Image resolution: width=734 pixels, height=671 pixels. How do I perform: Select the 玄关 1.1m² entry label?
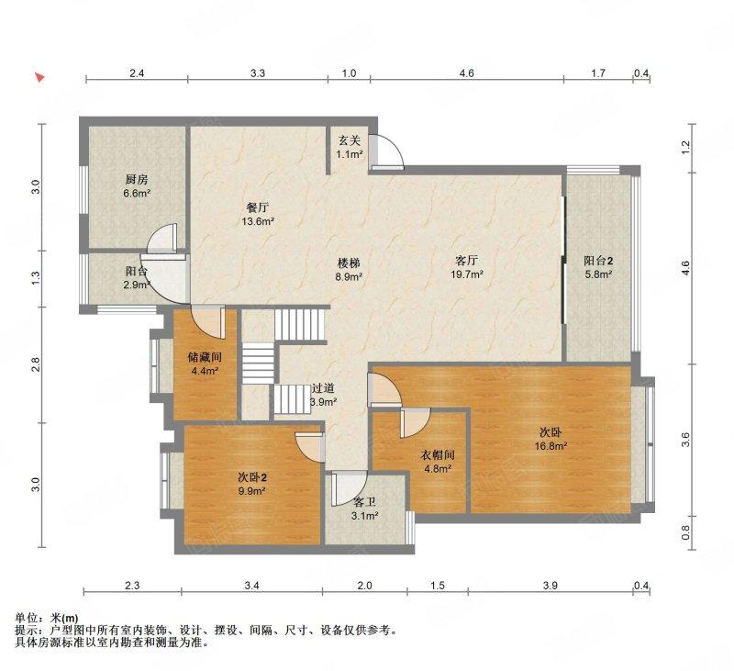[350, 148]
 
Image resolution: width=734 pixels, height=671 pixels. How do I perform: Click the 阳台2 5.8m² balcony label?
[598, 267]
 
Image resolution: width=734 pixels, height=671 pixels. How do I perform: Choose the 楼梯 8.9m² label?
[348, 269]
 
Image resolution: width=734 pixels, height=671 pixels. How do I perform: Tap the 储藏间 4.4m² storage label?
[204, 363]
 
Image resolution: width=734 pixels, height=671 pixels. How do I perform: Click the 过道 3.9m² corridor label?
[323, 395]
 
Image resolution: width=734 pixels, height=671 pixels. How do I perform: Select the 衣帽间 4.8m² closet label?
[437, 461]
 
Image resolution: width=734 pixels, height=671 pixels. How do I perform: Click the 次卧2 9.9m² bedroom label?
[251, 484]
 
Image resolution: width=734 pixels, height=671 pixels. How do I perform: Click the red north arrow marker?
[39, 78]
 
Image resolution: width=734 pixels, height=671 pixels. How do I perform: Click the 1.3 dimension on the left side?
[35, 278]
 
